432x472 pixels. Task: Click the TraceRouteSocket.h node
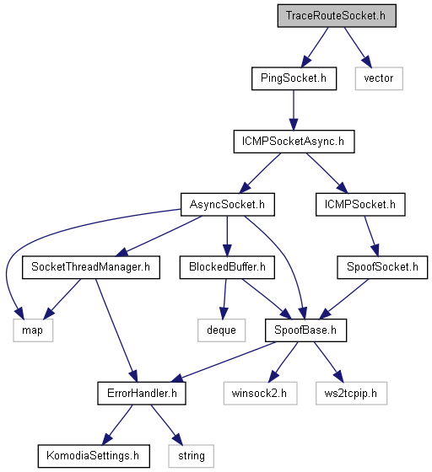[337, 16]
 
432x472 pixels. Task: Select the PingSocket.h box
[294, 78]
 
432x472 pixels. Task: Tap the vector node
[379, 78]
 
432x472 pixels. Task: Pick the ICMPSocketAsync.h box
[294, 142]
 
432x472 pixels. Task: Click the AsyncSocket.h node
[228, 204]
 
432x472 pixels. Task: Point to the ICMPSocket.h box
[360, 204]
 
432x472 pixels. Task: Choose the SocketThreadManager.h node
[90, 267]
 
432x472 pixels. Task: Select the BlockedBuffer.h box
[227, 267]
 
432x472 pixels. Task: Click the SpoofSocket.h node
[382, 267]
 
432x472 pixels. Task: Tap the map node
[33, 330]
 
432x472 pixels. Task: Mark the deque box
[221, 330]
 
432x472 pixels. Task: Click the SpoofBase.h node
[305, 330]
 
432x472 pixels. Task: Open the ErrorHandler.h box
[142, 393]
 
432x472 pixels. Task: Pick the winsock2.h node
[260, 393]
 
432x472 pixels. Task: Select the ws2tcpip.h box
[351, 393]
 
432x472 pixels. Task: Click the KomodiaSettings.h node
[94, 456]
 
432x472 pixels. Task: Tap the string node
[192, 456]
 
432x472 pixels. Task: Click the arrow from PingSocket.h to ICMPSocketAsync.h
[294, 110]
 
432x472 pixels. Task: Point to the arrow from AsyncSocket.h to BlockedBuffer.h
[227, 236]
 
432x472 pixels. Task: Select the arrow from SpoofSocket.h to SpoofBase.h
[343, 299]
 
